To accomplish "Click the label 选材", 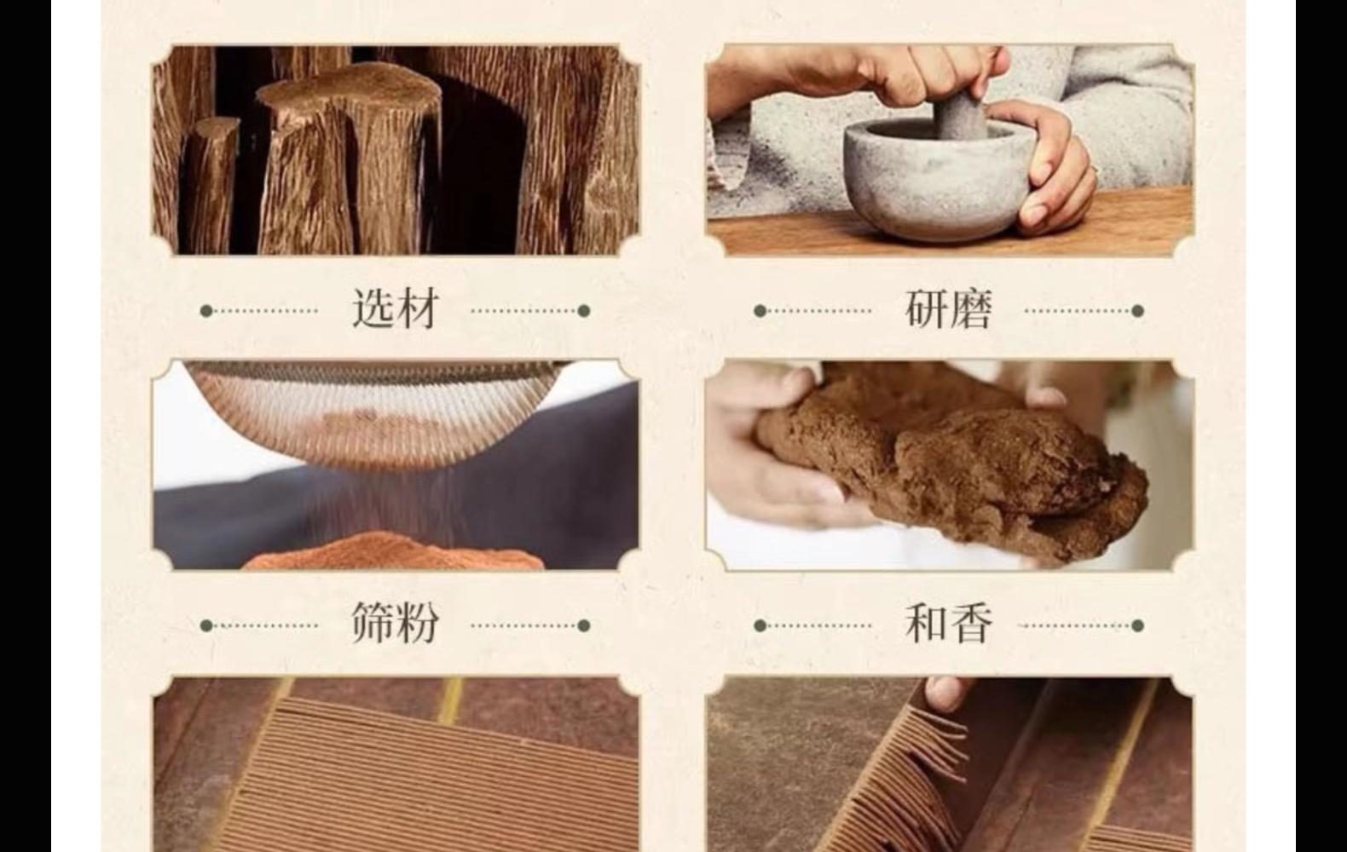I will (396, 308).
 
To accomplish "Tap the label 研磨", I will (948, 308).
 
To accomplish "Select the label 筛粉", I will (396, 624).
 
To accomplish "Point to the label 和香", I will (948, 624).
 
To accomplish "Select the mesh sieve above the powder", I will (375, 409).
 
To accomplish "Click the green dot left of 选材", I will (205, 311).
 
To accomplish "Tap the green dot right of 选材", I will (584, 311).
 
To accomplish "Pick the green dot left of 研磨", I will (760, 311).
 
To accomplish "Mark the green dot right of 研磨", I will (1137, 311).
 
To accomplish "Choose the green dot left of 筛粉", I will (205, 625).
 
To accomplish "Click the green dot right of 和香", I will (1137, 625).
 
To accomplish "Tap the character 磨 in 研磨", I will (970, 308).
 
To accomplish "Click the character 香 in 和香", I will (970, 624).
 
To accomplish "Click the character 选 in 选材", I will (373, 308).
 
